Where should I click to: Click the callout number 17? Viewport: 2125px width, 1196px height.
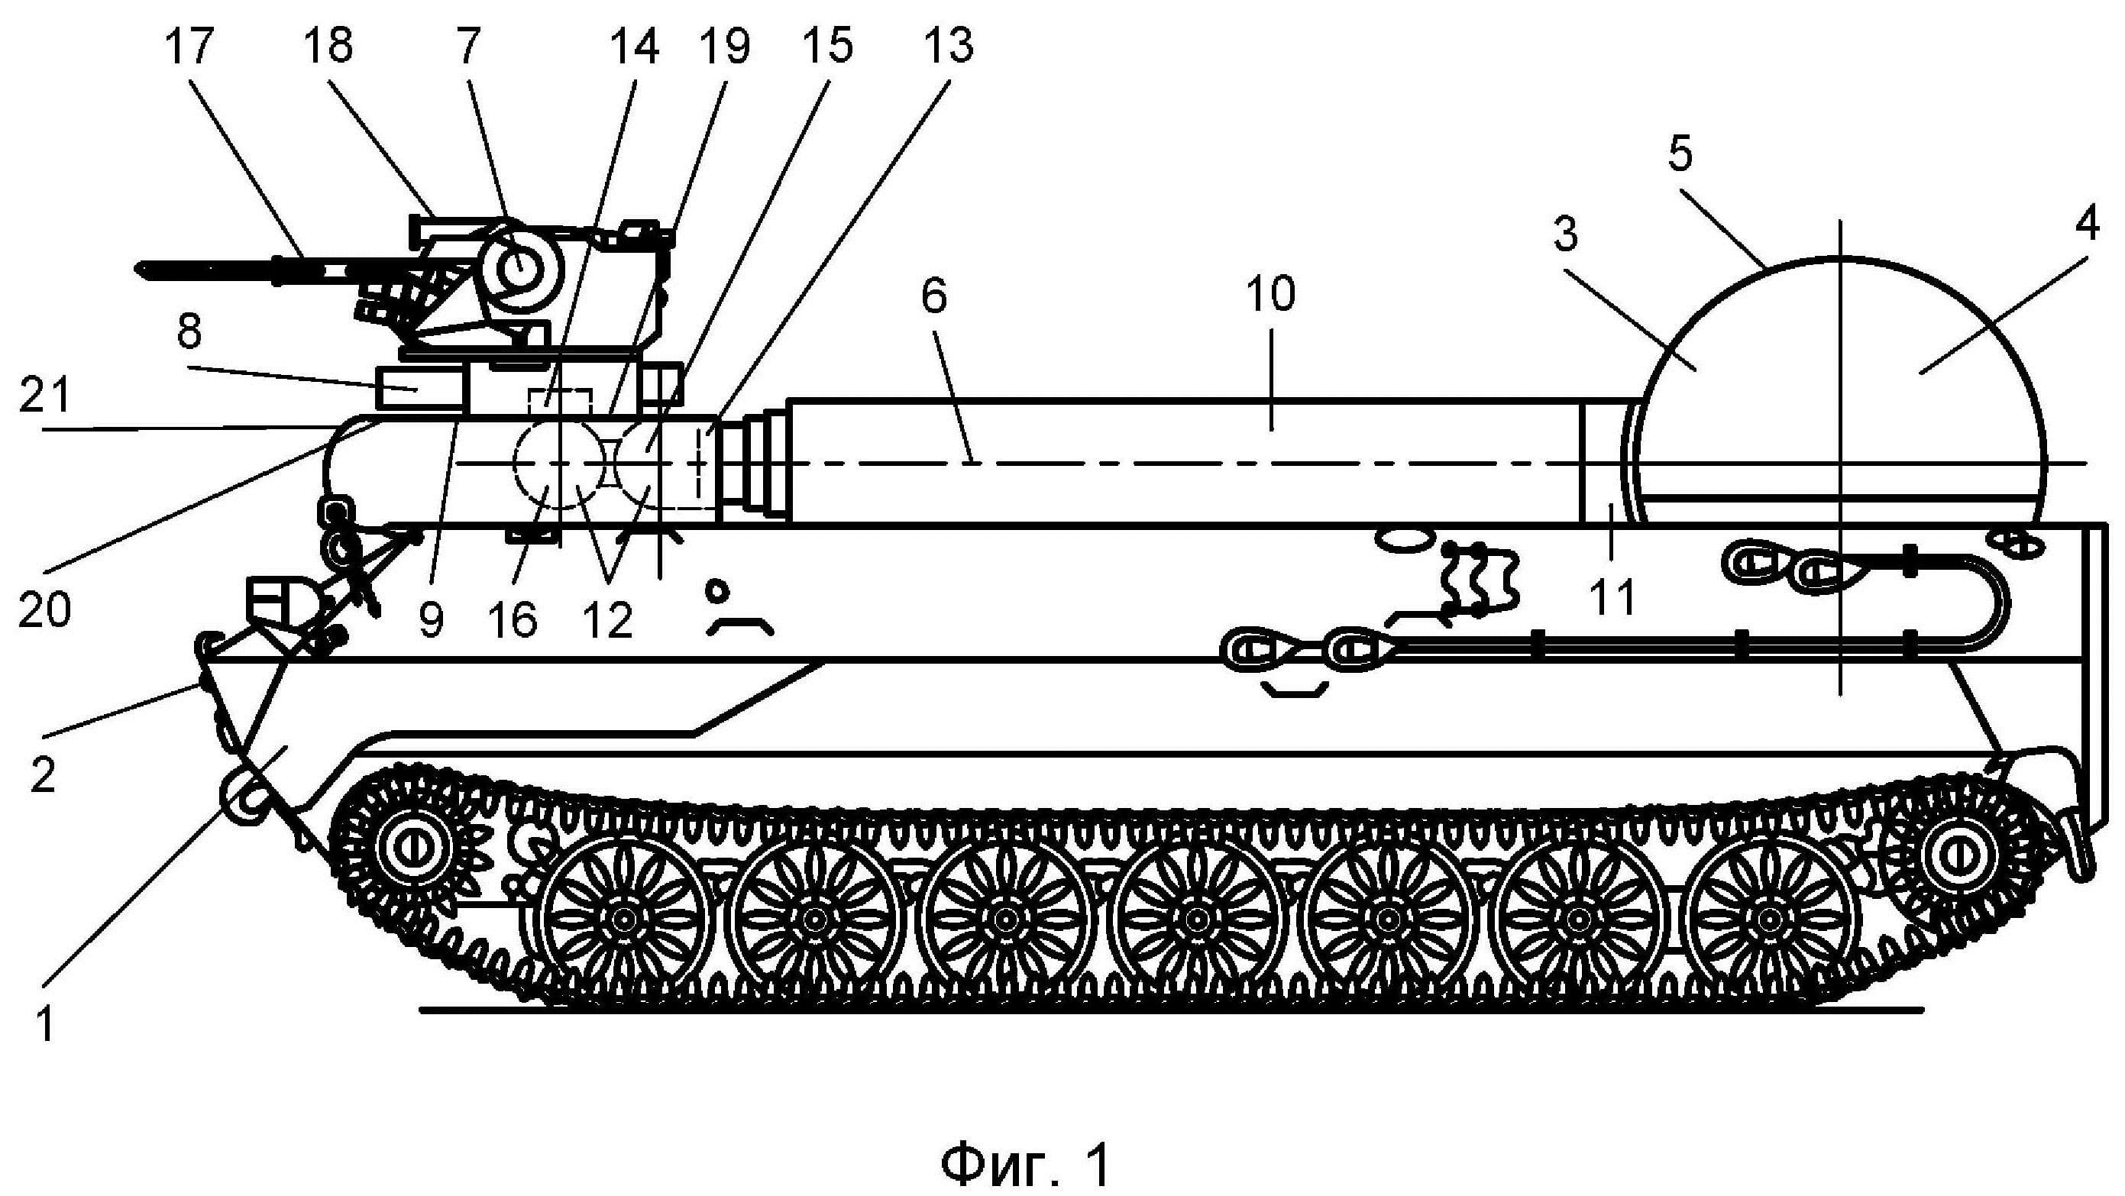[x=189, y=46]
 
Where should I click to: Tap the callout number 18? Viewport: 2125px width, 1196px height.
[x=328, y=46]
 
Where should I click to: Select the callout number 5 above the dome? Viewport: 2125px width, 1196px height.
[x=1680, y=154]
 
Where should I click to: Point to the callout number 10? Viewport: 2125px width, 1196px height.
[x=1271, y=295]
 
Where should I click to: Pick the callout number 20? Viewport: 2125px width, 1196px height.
[x=44, y=609]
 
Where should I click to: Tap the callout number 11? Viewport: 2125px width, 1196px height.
[x=1612, y=597]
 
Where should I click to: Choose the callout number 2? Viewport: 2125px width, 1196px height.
[x=43, y=775]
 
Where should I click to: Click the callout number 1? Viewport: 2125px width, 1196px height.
[x=45, y=1027]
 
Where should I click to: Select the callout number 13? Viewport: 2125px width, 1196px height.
[x=949, y=46]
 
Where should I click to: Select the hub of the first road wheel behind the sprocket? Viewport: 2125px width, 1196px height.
[x=625, y=918]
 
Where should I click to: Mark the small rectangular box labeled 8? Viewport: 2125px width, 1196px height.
[x=419, y=387]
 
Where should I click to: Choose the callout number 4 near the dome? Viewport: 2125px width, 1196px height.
[x=2087, y=225]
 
